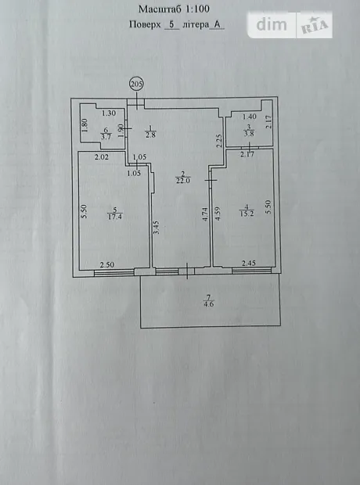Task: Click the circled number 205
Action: tap(137, 84)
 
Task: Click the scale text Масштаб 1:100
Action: tap(174, 9)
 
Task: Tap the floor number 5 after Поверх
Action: tap(171, 24)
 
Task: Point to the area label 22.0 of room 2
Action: tap(183, 181)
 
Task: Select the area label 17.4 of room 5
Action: tap(115, 217)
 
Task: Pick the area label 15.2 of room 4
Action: tap(247, 213)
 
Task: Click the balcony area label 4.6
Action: tap(209, 304)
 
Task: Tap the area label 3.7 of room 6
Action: tap(106, 136)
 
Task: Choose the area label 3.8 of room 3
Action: tap(249, 134)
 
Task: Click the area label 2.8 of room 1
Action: tap(150, 135)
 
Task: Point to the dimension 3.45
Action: tap(157, 227)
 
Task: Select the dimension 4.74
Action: tap(205, 214)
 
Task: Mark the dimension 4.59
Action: tap(218, 214)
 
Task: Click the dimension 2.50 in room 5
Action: tap(107, 264)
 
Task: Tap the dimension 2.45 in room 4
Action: tap(249, 263)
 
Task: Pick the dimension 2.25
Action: tap(219, 141)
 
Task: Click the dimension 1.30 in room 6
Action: tap(109, 113)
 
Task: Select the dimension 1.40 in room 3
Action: tap(250, 117)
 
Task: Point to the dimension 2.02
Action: tap(102, 157)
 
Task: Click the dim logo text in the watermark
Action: tap(272, 25)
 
